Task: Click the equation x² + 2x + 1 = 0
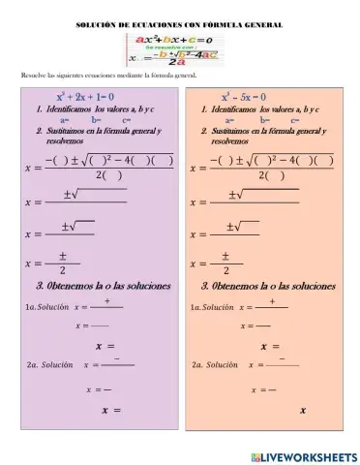[86, 97]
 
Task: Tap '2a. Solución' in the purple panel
[47, 365]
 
